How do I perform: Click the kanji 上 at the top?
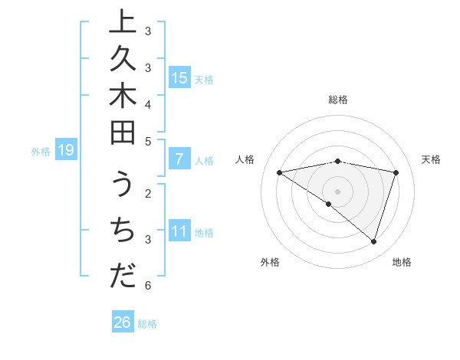point(123,23)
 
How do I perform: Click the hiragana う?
point(123,188)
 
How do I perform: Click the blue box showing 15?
point(179,78)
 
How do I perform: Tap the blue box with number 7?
point(179,159)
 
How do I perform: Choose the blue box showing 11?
point(179,232)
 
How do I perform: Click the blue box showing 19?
point(66,151)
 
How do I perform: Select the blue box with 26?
point(123,322)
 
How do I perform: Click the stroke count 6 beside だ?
point(147,286)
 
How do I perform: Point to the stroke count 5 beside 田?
point(147,141)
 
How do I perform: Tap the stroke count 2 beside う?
point(147,192)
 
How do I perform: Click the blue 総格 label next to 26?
point(147,324)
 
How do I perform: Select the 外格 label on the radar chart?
point(270,262)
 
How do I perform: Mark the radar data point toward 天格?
point(396,172)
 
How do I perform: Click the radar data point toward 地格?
point(373,241)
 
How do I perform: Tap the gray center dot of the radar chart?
point(337,191)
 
